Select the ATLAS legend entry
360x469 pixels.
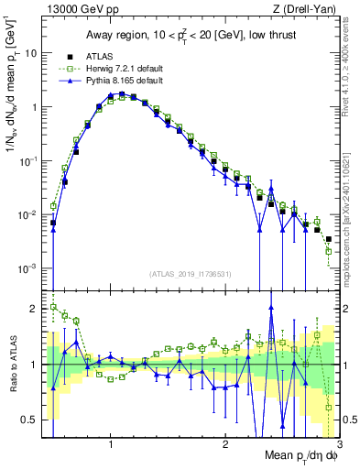[100, 57]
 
